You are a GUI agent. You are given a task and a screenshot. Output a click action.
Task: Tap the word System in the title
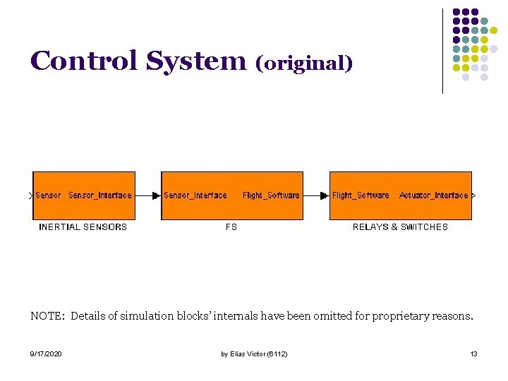[195, 61]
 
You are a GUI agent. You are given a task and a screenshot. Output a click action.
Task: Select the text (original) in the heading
[304, 63]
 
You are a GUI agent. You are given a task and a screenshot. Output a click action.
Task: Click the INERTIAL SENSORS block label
[83, 227]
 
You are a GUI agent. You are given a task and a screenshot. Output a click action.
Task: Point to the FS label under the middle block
[231, 227]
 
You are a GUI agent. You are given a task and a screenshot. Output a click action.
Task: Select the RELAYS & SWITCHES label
[400, 227]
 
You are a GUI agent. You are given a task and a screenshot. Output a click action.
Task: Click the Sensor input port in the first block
[48, 195]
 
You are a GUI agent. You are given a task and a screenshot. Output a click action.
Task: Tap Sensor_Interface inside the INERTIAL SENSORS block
[100, 195]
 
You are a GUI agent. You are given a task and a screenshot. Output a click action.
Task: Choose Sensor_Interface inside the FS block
[195, 195]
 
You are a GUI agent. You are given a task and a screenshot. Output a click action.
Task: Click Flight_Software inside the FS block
[271, 195]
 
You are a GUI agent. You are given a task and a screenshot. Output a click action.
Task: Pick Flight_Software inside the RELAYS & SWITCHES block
[361, 195]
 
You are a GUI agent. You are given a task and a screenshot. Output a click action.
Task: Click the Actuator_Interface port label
[433, 195]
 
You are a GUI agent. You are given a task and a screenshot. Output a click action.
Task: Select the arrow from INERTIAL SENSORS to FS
[148, 195]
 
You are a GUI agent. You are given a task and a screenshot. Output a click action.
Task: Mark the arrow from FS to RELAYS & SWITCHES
[316, 195]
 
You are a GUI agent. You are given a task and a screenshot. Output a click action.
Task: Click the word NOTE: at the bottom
[47, 316]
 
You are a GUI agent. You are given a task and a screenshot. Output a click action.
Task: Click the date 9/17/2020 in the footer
[46, 353]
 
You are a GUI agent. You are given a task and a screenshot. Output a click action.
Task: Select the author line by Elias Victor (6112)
[254, 353]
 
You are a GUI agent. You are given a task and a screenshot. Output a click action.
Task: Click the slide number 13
[473, 353]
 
